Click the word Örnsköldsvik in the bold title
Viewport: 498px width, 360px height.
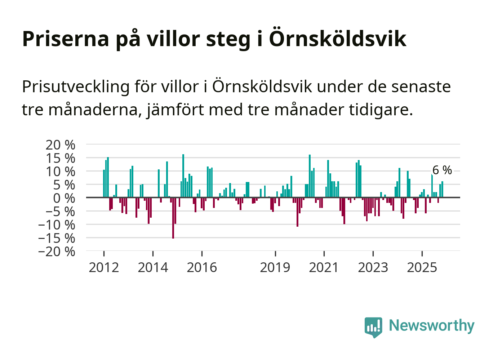click(338, 38)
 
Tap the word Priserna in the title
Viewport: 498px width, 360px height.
click(65, 38)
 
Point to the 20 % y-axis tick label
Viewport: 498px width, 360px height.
click(60, 145)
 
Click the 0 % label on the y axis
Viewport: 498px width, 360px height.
click(64, 198)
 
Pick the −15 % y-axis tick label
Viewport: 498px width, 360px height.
click(57, 238)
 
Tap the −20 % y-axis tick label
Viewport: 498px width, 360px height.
click(57, 251)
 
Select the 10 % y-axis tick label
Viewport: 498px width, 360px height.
click(60, 172)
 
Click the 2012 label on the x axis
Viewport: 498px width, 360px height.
click(104, 267)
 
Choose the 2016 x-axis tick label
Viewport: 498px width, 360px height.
click(202, 267)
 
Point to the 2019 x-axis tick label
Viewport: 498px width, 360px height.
click(275, 267)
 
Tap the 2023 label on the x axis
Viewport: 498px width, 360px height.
click(373, 267)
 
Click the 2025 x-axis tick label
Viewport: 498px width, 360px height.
click(422, 267)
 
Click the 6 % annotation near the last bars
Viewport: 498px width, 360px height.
click(442, 170)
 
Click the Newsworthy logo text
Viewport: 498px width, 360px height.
click(432, 325)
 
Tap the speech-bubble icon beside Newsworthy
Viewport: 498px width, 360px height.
click(373, 327)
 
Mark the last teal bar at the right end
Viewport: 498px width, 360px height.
click(442, 189)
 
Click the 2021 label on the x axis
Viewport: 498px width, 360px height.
click(324, 267)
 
